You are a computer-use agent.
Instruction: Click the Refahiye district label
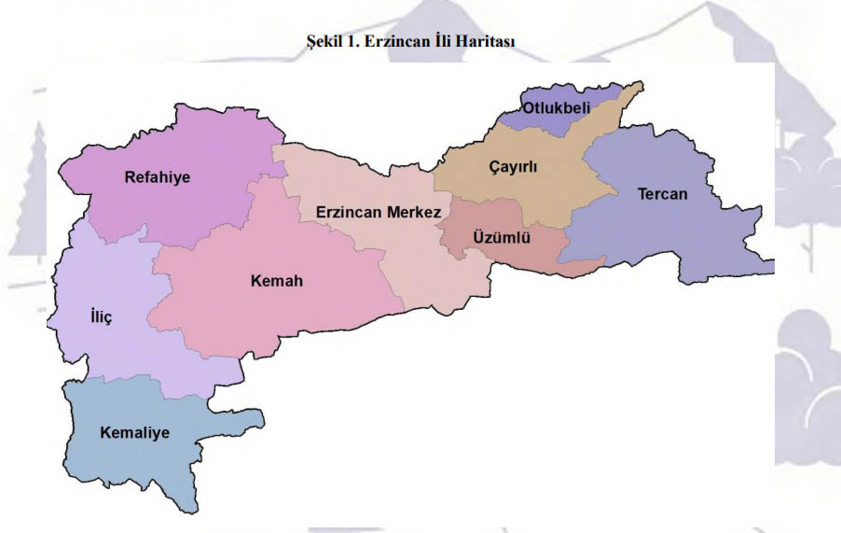click(158, 177)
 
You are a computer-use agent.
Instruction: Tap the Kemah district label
click(277, 280)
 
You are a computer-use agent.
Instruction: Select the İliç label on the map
click(100, 317)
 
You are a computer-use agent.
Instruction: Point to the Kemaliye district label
click(135, 432)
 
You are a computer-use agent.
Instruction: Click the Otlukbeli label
click(557, 108)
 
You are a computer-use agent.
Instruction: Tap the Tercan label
click(662, 194)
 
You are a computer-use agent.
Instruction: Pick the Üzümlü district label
click(502, 237)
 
